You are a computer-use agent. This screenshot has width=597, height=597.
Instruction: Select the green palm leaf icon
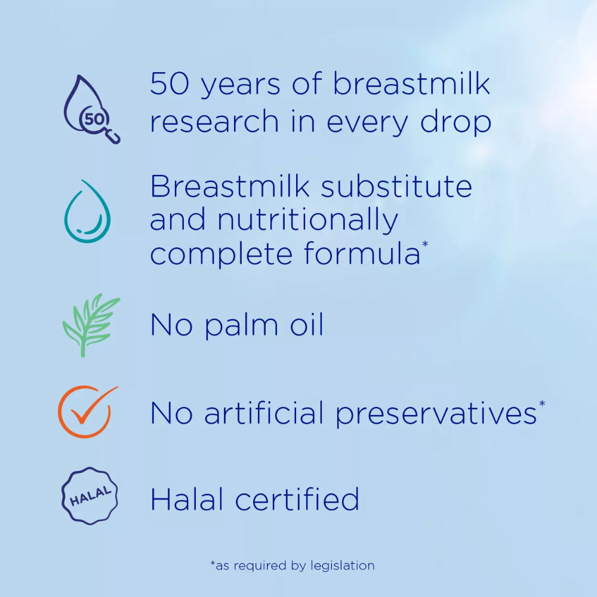click(90, 325)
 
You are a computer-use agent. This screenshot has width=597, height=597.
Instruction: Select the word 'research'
click(214, 122)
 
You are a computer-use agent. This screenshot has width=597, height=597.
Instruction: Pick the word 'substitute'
click(396, 187)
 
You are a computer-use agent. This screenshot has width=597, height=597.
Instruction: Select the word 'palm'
click(235, 327)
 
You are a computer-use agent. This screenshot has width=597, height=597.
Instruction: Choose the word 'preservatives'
click(435, 414)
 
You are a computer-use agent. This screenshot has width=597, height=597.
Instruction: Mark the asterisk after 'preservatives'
click(541, 404)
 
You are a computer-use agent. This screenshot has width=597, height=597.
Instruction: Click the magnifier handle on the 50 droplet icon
click(113, 138)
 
